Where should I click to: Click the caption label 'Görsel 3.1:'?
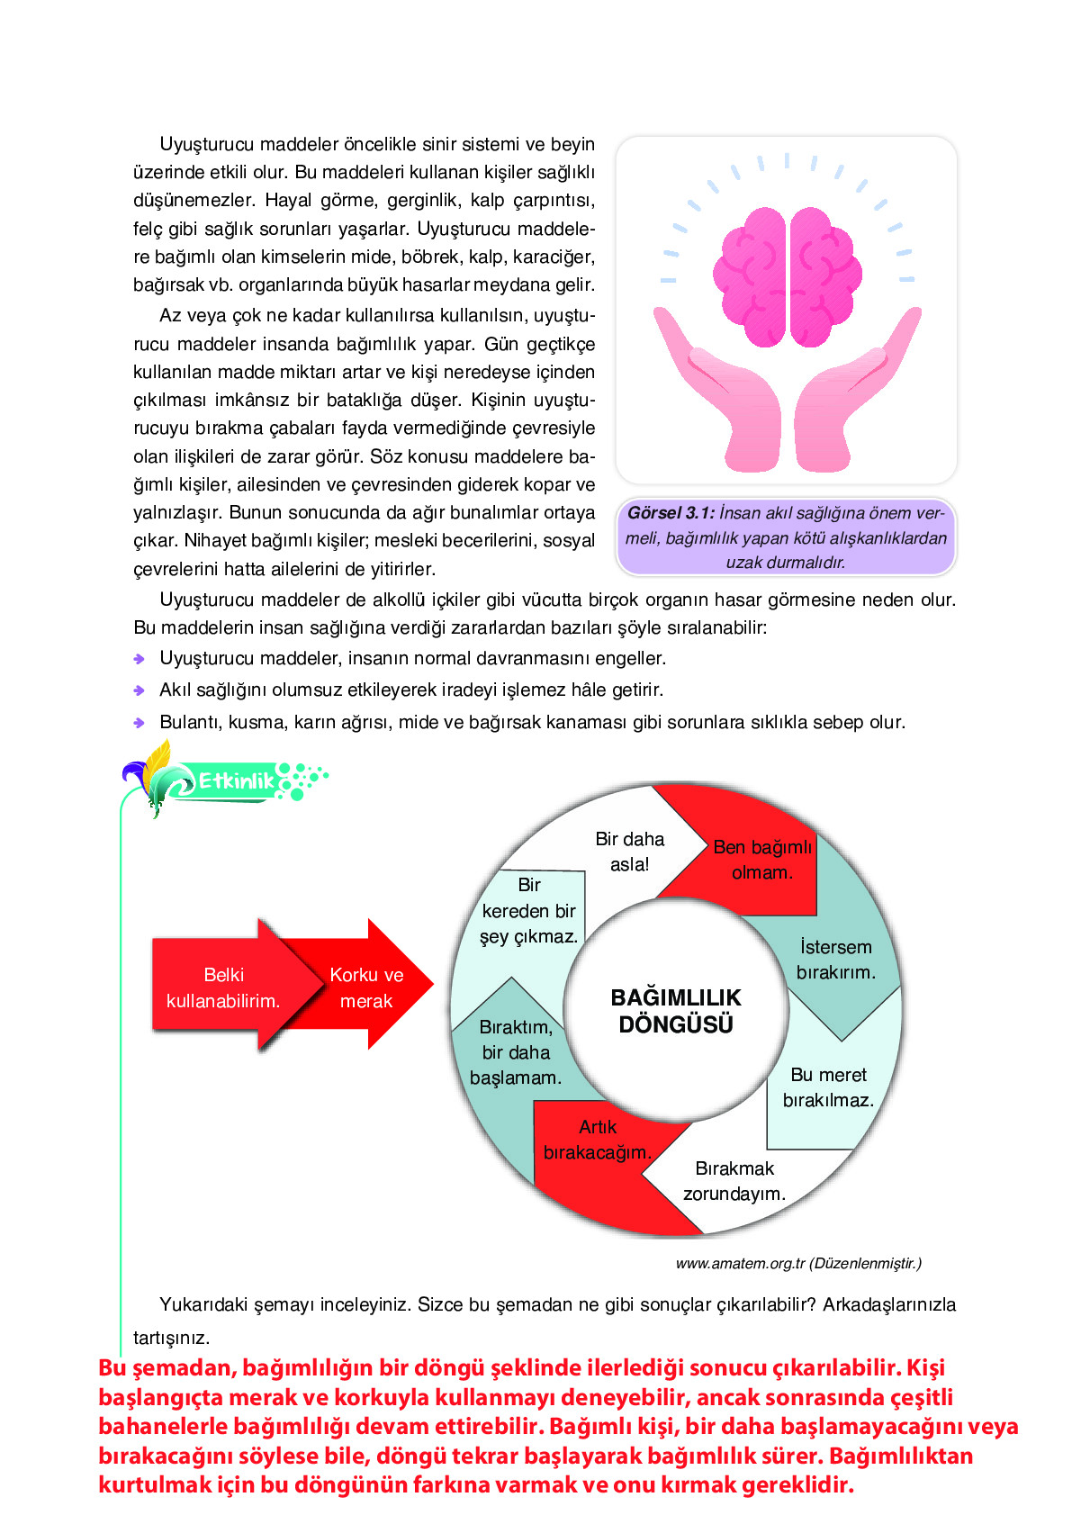[x=671, y=513]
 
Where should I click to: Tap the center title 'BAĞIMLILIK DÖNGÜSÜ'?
[x=676, y=1011]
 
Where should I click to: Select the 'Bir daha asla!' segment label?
[x=629, y=852]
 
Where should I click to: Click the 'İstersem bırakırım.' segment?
[x=836, y=960]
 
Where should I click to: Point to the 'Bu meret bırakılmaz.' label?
[x=828, y=1087]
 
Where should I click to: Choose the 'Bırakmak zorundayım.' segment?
[x=734, y=1181]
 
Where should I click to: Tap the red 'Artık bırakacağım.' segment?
[x=597, y=1140]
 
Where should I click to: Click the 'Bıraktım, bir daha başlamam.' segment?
[x=516, y=1052]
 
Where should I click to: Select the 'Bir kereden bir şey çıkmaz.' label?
[x=529, y=911]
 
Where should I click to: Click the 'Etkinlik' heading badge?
[x=236, y=780]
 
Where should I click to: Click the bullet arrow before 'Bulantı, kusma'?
[x=140, y=723]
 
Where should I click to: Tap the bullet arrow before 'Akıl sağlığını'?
[x=140, y=690]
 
